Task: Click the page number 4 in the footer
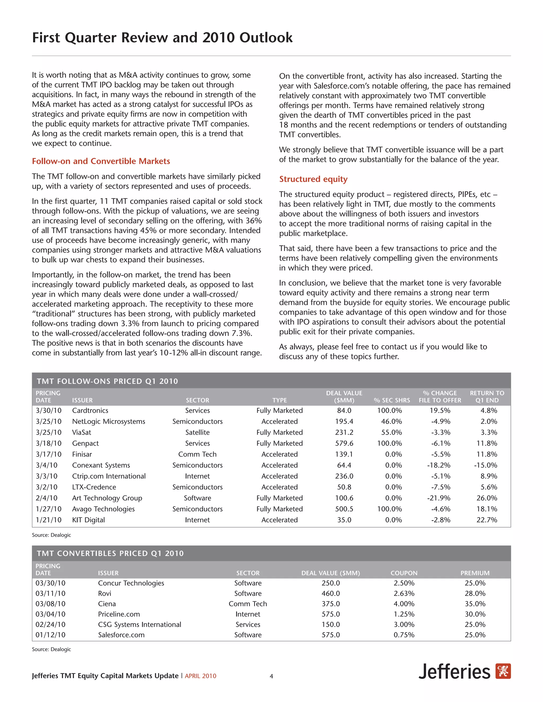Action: click(x=271, y=676)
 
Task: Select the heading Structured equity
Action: click(x=313, y=179)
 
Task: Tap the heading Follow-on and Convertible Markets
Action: click(x=101, y=161)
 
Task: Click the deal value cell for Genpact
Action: click(x=344, y=443)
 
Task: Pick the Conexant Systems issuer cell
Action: click(x=101, y=465)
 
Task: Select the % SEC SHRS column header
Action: click(x=392, y=400)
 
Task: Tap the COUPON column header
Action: click(x=404, y=573)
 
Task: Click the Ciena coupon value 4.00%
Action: click(x=404, y=604)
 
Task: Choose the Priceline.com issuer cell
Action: click(x=119, y=614)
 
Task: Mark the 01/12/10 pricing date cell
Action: click(x=50, y=634)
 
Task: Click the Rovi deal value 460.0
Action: click(x=330, y=593)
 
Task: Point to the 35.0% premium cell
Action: click(x=475, y=604)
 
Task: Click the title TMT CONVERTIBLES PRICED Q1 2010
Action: click(x=110, y=553)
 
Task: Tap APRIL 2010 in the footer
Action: click(x=200, y=676)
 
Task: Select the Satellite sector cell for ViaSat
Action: click(x=197, y=432)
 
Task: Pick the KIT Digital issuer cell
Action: click(x=89, y=520)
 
